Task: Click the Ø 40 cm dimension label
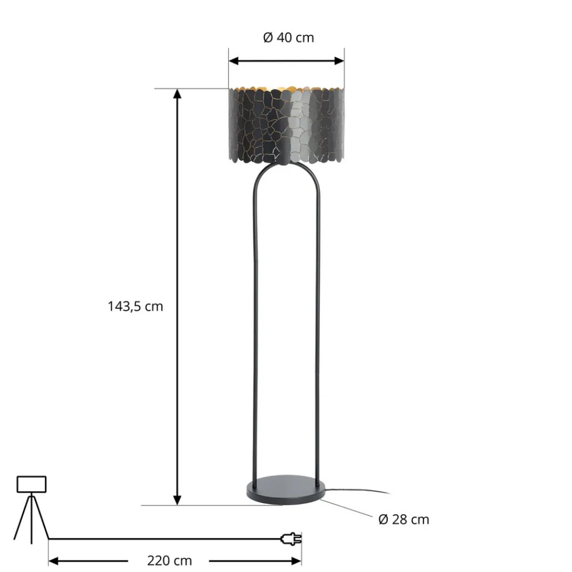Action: (288, 38)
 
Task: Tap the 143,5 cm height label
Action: (136, 307)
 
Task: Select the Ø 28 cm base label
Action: (404, 519)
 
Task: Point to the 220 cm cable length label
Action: (169, 561)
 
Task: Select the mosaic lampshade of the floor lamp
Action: (286, 126)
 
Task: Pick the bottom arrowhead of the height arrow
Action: (178, 500)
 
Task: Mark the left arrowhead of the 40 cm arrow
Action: (233, 60)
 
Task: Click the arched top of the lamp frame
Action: (286, 168)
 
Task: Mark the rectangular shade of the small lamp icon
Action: (31, 484)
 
